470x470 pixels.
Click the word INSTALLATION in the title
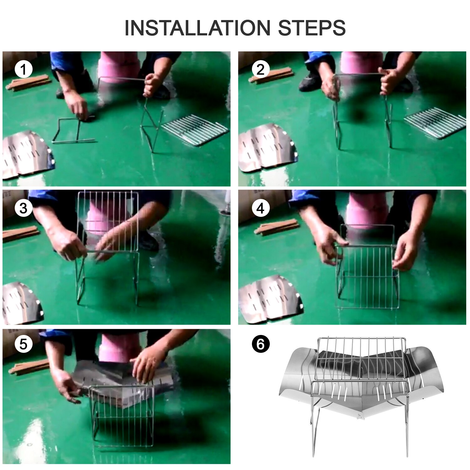point(197,28)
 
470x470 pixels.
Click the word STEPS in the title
point(312,28)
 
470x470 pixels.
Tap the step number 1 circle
point(23,70)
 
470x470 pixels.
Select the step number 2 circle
point(260,70)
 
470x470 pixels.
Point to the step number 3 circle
point(23,208)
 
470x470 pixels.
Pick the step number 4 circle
point(260,208)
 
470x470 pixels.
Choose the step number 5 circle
point(23,344)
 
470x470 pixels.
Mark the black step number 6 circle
point(260,344)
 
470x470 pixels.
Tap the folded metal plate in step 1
point(28,154)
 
